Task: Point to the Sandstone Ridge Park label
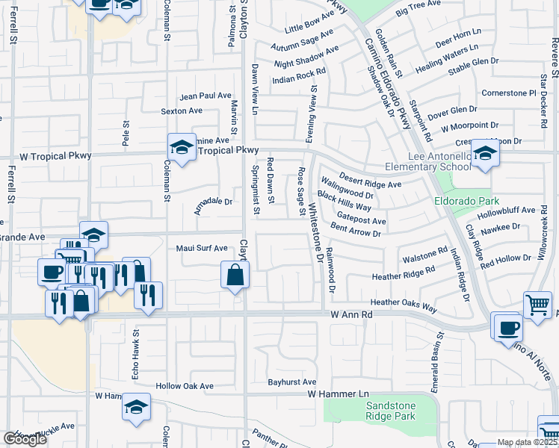(x=391, y=411)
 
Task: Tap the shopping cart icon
(x=537, y=305)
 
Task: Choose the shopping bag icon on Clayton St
(x=235, y=275)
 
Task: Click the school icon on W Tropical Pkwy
(x=182, y=147)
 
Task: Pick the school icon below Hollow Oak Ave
(x=137, y=408)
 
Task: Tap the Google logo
(x=25, y=439)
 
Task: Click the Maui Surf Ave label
(x=201, y=248)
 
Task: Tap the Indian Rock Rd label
(x=299, y=75)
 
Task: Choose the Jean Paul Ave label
(x=206, y=96)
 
